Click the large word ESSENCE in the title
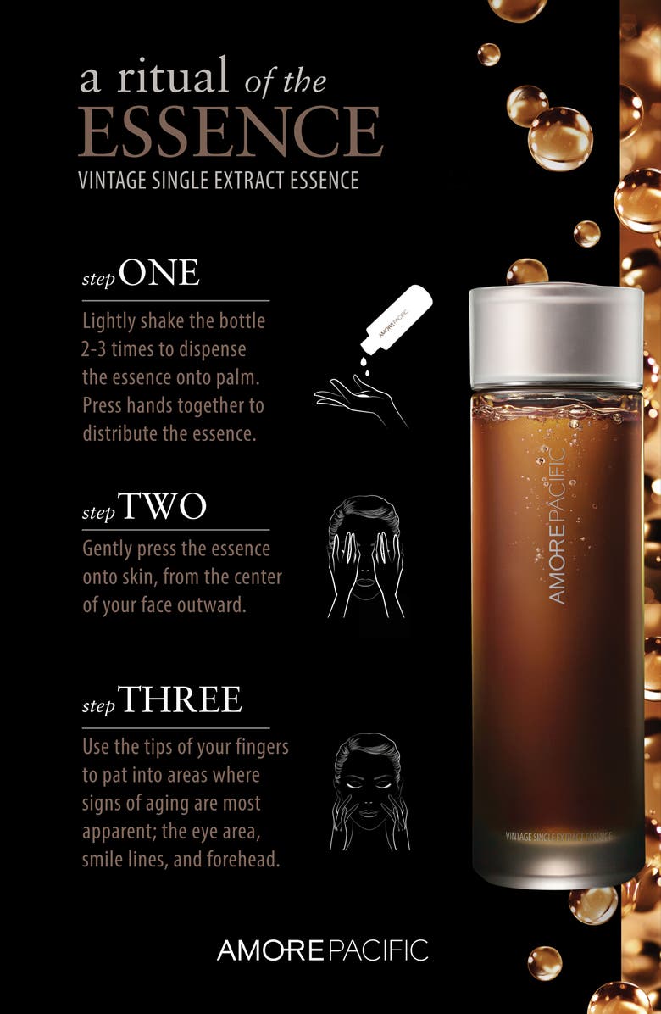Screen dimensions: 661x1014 231,132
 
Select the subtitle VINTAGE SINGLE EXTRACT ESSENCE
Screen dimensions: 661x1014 219,180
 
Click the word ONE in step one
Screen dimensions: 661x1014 159,272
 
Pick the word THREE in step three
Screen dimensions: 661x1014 180,699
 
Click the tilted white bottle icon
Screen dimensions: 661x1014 396,320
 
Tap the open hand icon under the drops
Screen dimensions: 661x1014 360,402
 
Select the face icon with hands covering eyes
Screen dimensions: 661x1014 366,557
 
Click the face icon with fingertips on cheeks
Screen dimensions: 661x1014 369,792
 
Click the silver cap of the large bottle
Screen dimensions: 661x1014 556,337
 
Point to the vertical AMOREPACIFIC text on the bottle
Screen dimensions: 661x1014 556,525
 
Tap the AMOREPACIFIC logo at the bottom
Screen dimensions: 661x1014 322,950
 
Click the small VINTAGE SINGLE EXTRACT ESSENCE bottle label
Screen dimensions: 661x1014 559,837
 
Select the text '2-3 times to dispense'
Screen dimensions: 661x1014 164,349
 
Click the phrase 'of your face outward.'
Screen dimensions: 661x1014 164,605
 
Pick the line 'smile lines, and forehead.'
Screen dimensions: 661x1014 181,860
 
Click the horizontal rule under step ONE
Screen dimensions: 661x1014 175,301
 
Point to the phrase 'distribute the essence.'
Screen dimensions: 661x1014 169,433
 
